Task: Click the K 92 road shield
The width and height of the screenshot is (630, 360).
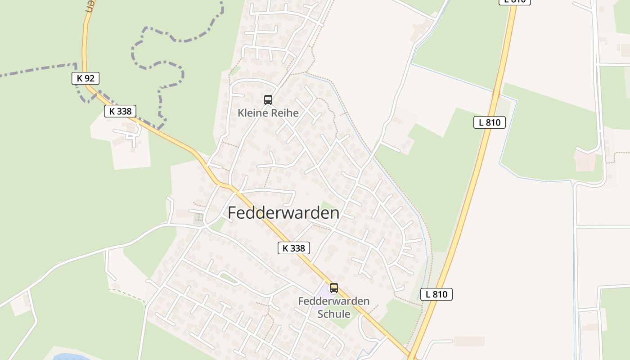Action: pos(85,78)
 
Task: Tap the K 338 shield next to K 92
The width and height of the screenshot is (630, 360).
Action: pos(120,111)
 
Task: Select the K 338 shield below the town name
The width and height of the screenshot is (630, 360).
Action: pos(294,248)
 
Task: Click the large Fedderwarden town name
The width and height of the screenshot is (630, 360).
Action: pos(283,213)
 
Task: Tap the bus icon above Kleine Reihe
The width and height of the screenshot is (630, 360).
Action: pos(268,100)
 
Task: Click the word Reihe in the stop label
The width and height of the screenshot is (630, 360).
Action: pos(284,113)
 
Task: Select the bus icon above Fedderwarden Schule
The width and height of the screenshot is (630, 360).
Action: pos(334,288)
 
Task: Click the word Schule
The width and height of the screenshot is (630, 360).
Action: pos(334,314)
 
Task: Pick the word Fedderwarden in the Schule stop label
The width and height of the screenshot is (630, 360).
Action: pos(334,301)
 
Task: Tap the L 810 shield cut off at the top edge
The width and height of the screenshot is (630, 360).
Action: pos(515,2)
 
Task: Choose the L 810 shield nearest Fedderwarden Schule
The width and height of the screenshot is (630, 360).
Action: pos(436,294)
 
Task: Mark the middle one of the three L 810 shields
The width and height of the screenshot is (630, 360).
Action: pos(490,122)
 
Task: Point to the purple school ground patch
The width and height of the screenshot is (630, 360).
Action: pos(322,295)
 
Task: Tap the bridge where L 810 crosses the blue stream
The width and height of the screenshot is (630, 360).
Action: pos(496,94)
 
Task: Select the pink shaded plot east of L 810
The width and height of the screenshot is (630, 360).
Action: pos(585,161)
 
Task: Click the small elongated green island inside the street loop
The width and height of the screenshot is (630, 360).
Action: pos(229,279)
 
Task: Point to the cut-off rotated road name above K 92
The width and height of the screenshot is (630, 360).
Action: pos(90,6)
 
